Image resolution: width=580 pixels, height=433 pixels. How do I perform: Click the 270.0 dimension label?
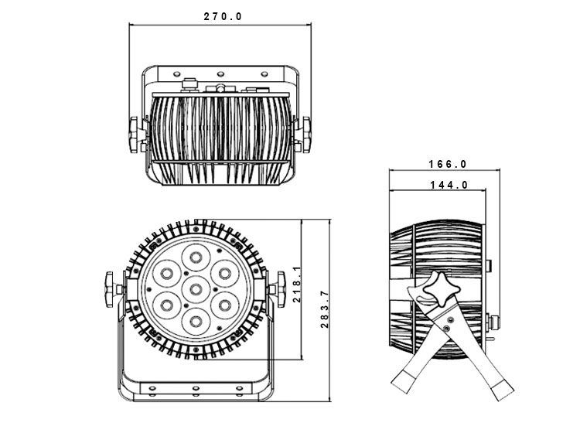(x=223, y=17)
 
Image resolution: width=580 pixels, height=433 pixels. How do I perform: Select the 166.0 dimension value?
(x=448, y=164)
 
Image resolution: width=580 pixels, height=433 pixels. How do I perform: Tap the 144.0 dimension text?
(x=449, y=185)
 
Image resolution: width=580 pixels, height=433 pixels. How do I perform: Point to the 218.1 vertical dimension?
(x=297, y=284)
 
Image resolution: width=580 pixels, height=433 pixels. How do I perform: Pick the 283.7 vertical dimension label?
(x=325, y=309)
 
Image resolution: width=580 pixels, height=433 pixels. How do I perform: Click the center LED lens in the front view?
(x=196, y=289)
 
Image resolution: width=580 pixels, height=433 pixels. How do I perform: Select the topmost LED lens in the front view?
(x=196, y=257)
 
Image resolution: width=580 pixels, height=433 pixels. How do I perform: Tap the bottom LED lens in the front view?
(x=196, y=322)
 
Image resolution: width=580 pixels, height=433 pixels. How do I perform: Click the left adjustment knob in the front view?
(x=110, y=289)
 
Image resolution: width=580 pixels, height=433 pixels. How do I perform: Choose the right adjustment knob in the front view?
(x=281, y=289)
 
